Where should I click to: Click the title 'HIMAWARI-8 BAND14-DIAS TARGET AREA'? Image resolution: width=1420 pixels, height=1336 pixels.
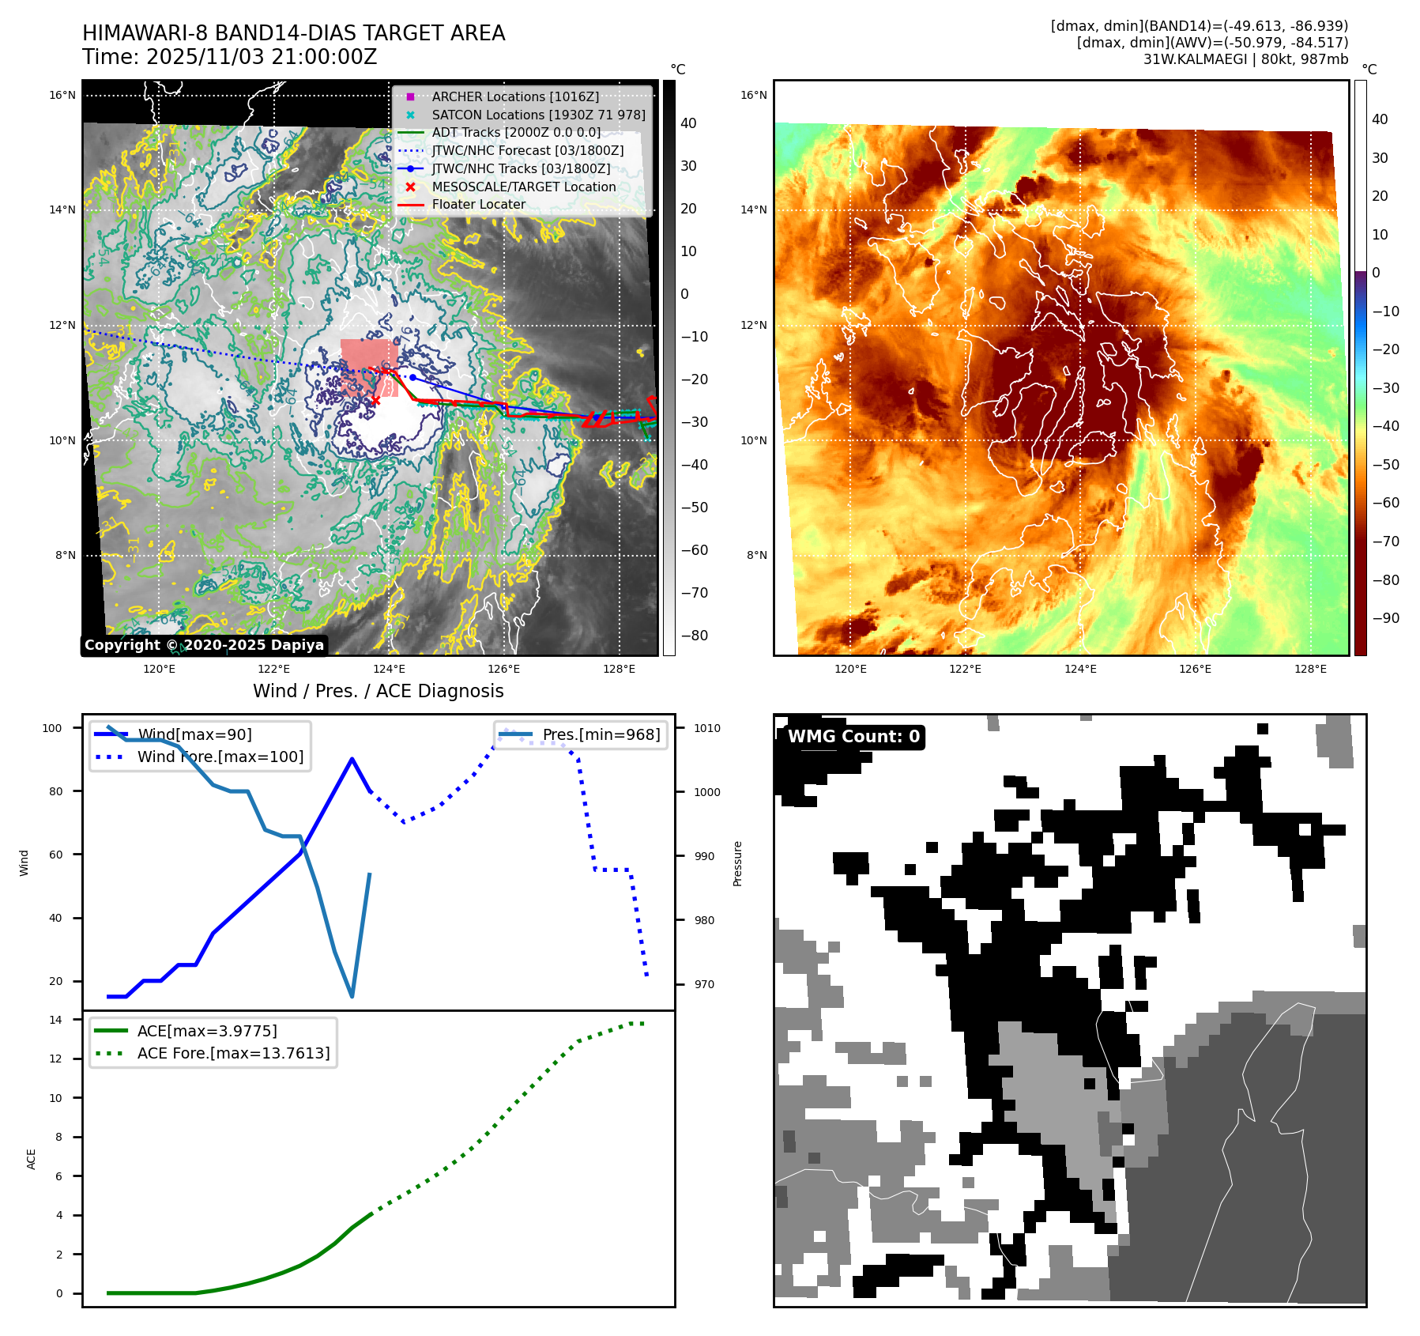(x=293, y=33)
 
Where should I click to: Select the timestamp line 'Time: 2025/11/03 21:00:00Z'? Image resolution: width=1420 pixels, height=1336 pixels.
(x=229, y=57)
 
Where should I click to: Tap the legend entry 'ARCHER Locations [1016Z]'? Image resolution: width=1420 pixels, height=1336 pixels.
(x=515, y=96)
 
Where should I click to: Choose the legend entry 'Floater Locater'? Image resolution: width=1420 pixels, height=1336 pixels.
(x=478, y=204)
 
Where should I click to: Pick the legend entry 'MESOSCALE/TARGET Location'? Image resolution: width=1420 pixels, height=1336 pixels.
(x=523, y=187)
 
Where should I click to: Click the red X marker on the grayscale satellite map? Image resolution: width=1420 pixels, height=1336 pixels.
(x=375, y=401)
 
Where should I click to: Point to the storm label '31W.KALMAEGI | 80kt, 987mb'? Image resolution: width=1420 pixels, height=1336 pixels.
(x=1245, y=59)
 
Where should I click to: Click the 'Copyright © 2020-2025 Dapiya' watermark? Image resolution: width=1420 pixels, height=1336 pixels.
(x=204, y=645)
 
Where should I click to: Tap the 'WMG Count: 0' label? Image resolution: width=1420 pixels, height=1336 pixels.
(x=853, y=737)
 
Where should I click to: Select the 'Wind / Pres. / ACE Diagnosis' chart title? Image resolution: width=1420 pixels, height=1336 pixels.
(x=378, y=691)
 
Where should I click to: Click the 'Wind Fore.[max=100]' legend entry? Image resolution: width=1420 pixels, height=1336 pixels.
(x=220, y=757)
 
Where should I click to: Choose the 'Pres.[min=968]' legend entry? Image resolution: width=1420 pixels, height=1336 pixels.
(x=601, y=734)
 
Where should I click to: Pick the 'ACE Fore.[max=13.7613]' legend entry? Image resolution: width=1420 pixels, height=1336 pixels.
(x=233, y=1053)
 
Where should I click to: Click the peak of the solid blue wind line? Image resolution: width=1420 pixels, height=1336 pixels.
(x=352, y=759)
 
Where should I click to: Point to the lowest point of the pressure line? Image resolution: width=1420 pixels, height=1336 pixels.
(x=352, y=996)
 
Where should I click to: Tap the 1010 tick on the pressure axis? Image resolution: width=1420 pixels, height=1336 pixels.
(x=707, y=728)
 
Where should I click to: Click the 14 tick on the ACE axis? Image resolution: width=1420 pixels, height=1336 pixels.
(x=55, y=1020)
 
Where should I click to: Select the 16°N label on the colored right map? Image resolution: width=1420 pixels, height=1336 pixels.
(x=753, y=96)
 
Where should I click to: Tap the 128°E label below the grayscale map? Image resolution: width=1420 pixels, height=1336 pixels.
(x=619, y=670)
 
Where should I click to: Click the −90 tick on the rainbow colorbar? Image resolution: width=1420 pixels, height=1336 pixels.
(x=1385, y=618)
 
